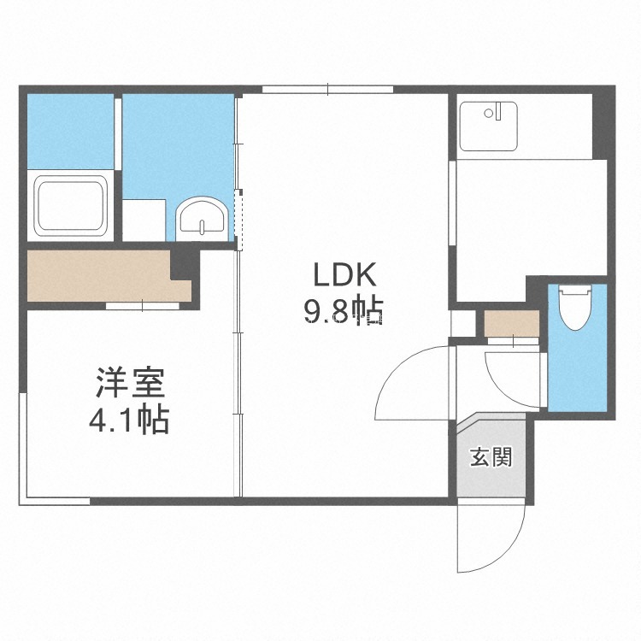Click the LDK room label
click(344, 274)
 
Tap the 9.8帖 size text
click(343, 310)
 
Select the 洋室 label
click(130, 383)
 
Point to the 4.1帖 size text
click(129, 419)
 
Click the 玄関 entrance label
click(491, 456)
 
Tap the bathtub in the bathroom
click(70, 206)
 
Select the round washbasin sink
click(202, 219)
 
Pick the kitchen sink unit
click(489, 126)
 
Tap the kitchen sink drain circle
click(489, 113)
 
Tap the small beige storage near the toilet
click(512, 323)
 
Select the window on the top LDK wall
click(328, 89)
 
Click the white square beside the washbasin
click(144, 220)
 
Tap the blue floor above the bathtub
click(70, 132)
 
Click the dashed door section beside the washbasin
click(238, 220)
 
